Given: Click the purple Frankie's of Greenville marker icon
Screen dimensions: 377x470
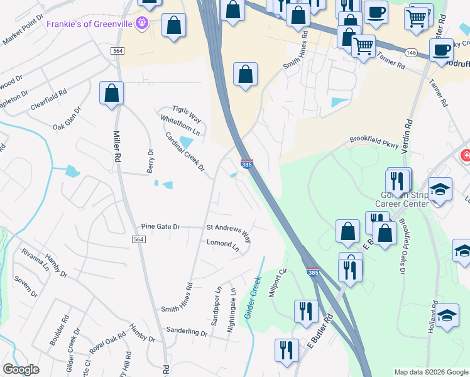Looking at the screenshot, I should point(143,23).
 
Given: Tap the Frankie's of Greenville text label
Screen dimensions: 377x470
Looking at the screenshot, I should point(92,23).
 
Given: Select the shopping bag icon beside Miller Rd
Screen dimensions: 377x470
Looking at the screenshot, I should point(112,93).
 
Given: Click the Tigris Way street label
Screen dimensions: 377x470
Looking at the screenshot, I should point(187,113).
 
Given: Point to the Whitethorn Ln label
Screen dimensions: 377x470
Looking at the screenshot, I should point(180,124).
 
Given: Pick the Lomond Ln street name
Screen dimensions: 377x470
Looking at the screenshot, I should point(223,245).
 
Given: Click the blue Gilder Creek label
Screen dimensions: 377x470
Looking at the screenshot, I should point(253,297).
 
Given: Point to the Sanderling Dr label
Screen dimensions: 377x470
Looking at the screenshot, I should point(187,331).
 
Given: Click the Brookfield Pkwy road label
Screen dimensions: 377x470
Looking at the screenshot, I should point(374,143).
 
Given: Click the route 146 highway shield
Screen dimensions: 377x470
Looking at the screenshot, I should point(411,52).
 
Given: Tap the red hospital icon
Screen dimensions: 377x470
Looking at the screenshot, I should point(466,155).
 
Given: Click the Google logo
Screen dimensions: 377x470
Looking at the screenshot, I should point(21,369).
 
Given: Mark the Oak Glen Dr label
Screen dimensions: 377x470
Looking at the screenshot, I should point(67,117).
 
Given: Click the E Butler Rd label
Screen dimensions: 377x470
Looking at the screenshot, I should point(319,341).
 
